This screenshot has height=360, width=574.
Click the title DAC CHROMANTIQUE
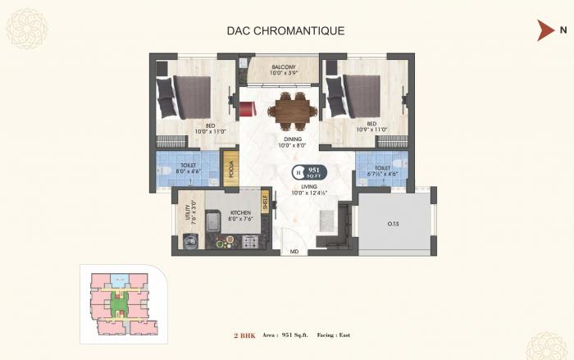(285, 31)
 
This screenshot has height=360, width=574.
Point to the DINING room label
(294, 140)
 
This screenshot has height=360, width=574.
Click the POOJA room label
(231, 170)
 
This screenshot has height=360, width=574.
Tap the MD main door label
(294, 252)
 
